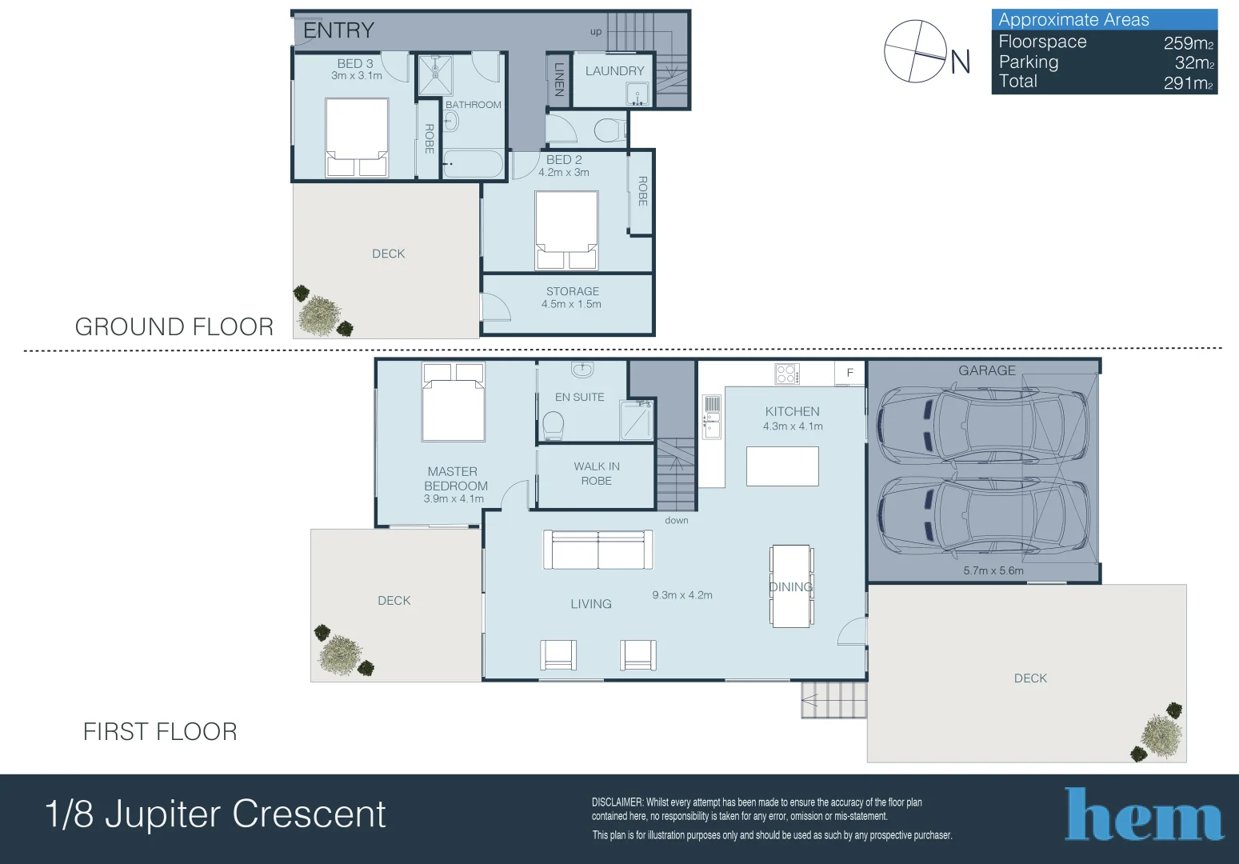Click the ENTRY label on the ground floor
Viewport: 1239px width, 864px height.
click(338, 30)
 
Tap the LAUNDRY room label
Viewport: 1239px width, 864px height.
click(614, 71)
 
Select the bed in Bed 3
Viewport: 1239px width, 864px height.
click(357, 137)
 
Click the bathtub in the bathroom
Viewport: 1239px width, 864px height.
click(472, 164)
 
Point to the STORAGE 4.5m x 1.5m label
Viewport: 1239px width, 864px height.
click(572, 298)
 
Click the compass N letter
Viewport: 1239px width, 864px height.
click(960, 62)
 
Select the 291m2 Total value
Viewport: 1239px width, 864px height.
click(1188, 82)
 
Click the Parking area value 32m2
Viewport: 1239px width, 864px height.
click(1193, 62)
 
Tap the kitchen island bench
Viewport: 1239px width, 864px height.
click(782, 466)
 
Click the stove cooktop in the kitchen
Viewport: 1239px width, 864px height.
click(786, 374)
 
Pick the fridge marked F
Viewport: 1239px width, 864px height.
click(849, 373)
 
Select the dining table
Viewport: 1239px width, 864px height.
click(791, 586)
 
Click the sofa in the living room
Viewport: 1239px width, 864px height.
click(598, 550)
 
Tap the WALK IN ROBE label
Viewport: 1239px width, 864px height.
click(596, 474)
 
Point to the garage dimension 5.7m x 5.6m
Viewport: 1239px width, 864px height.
click(993, 571)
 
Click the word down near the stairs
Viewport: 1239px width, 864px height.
click(676, 521)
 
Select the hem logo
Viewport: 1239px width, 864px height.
click(1144, 815)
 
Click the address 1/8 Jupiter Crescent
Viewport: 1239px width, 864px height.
click(215, 814)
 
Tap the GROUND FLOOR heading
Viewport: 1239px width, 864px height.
click(174, 327)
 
